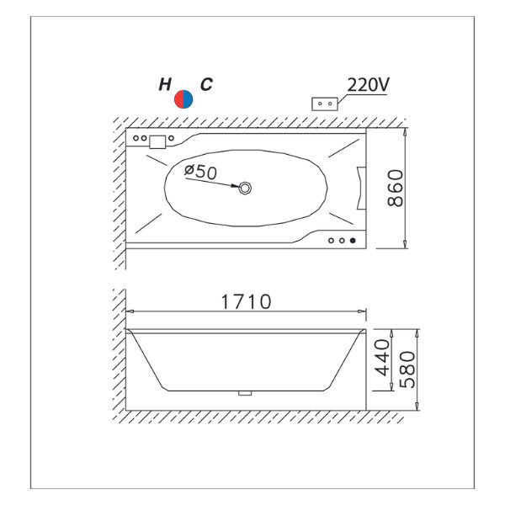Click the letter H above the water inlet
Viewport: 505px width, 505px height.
(165, 84)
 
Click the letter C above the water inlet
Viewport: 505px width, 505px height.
(206, 84)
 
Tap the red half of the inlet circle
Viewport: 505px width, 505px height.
(178, 99)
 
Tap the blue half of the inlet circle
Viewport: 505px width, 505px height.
(188, 99)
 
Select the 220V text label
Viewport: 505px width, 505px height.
(368, 85)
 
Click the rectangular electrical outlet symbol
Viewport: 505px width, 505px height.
(325, 104)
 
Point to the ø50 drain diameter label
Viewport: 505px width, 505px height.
(200, 172)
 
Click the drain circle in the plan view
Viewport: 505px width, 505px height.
(245, 188)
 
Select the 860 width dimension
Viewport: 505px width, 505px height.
(396, 188)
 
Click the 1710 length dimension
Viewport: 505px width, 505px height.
(246, 302)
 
